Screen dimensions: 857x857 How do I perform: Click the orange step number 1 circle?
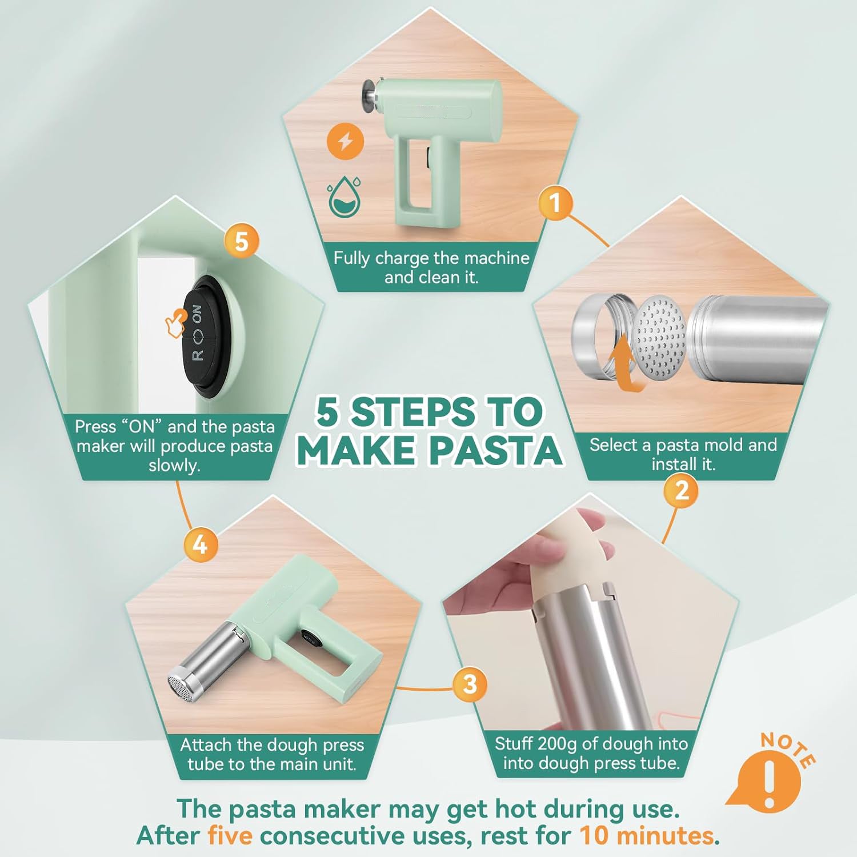coord(555,202)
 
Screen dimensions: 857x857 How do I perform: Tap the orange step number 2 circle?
coord(682,490)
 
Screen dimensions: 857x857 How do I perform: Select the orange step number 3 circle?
coord(470,684)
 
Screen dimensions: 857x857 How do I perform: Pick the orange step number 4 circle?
coord(200,544)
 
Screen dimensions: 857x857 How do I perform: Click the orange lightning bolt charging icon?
coord(346,141)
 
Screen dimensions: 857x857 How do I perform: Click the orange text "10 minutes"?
coord(647,836)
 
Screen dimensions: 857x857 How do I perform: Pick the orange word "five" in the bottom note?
coord(230,836)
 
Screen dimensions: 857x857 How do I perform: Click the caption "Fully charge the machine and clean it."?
coord(431,267)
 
